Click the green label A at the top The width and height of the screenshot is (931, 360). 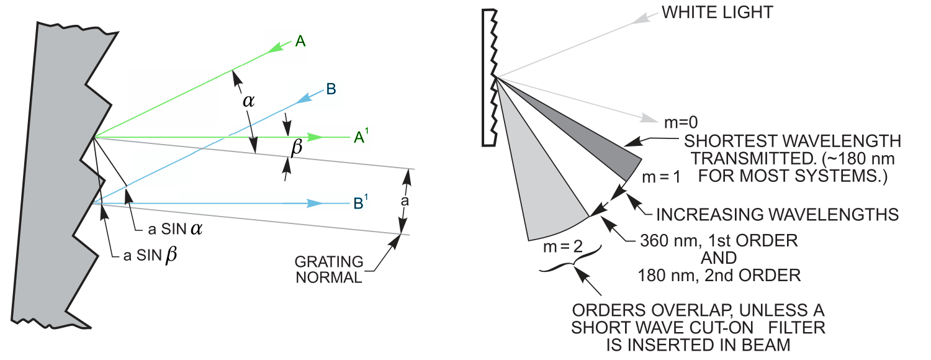(300, 42)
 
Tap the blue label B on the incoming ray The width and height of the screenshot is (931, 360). (331, 89)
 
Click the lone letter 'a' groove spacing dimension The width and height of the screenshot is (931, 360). (405, 201)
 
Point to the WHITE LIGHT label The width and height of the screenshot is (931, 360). (717, 12)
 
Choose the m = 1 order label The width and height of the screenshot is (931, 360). (661, 177)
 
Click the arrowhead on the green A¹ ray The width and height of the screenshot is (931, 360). (316, 137)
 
